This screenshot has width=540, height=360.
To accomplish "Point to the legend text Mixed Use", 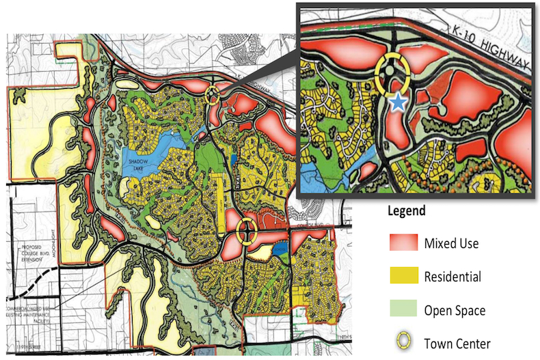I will (452, 243).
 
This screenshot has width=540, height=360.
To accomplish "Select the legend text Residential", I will (453, 277).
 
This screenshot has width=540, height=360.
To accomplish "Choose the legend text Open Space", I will (455, 311).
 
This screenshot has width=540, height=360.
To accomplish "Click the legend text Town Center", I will (457, 344).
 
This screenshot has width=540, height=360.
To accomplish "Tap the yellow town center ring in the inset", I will (391, 72).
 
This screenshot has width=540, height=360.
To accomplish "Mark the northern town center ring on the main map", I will (213, 95).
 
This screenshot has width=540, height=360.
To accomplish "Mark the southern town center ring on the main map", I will (245, 232).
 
